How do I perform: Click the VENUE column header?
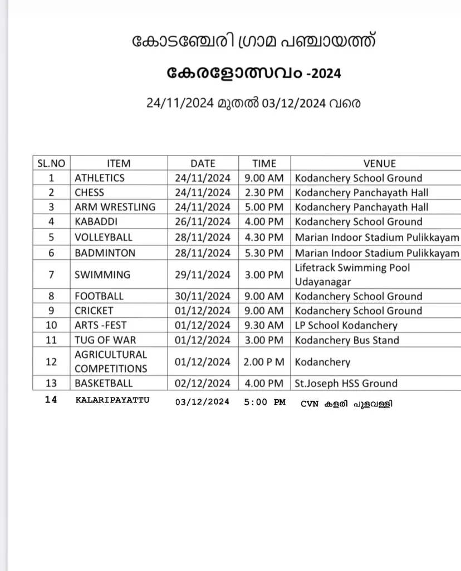tap(379, 163)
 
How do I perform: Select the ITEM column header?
tap(118, 163)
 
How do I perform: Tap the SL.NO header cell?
tap(51, 163)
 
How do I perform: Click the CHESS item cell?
tap(90, 192)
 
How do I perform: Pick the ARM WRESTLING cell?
tap(115, 207)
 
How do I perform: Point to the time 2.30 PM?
tap(264, 192)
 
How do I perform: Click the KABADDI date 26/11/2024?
tap(203, 221)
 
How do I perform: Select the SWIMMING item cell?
tap(102, 274)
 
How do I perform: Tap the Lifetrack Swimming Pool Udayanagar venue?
tap(352, 274)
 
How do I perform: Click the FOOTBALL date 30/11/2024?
tap(203, 296)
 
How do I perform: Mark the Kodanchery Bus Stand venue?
tap(347, 340)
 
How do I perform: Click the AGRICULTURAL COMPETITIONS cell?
tap(111, 361)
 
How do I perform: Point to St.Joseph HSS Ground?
tap(346, 383)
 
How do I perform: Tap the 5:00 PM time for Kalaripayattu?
tap(264, 401)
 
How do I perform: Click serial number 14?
tap(51, 400)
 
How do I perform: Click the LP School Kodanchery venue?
tap(346, 325)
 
